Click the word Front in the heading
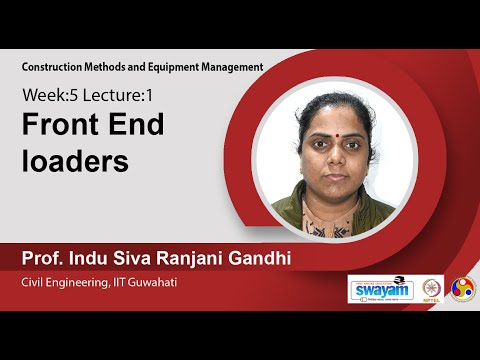tap(62, 126)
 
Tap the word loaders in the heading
tap(76, 160)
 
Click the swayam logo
tap(379, 288)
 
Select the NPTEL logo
tap(432, 288)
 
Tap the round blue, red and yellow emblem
tap(463, 288)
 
